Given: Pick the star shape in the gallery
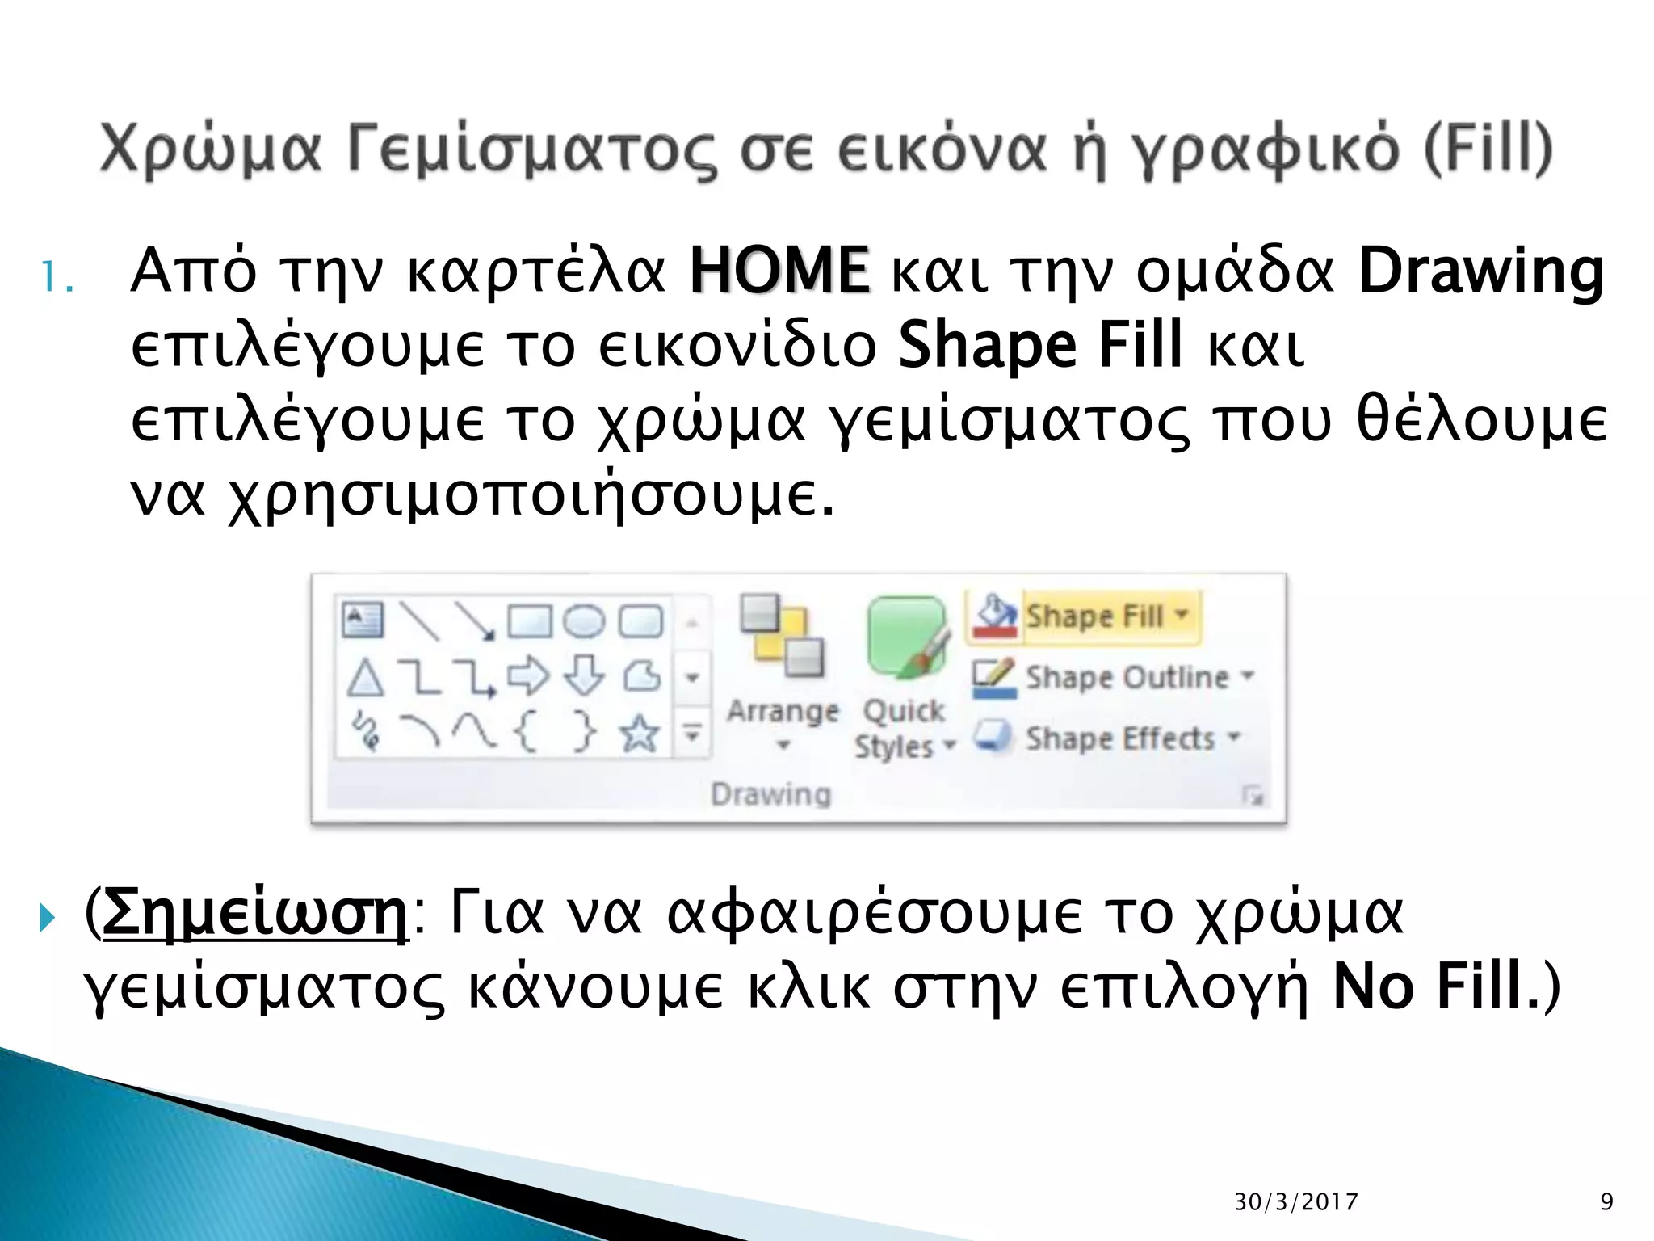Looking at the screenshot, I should [639, 734].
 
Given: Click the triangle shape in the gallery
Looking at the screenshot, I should [364, 677].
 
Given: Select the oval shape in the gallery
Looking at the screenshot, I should [583, 621].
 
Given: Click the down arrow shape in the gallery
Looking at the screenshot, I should [583, 675].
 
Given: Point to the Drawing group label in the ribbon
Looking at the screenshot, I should [770, 794].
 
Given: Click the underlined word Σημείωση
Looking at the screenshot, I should [256, 913].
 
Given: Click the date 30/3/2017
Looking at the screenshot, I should [1295, 1202].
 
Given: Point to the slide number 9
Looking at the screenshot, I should [1606, 1202].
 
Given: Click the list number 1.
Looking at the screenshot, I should [57, 277].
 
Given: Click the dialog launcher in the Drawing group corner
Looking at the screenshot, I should [1253, 797].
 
